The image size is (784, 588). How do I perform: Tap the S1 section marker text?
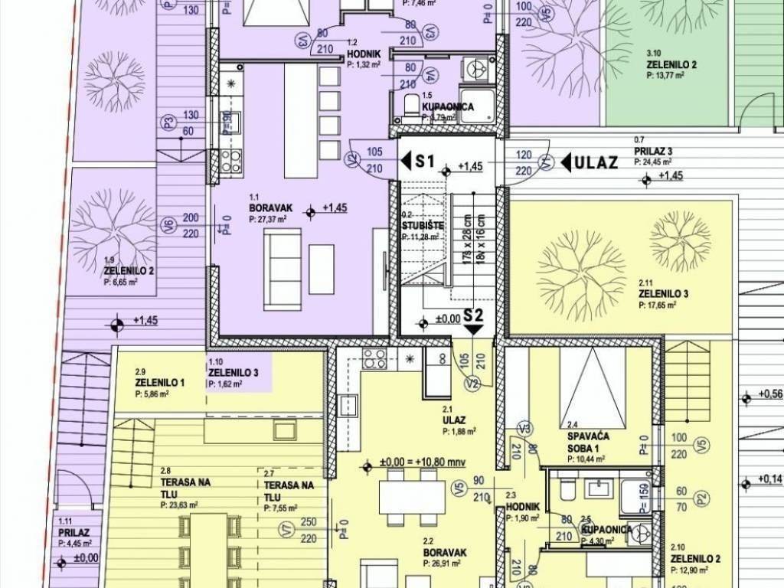click(x=424, y=162)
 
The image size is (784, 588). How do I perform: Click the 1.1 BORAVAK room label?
click(x=266, y=207)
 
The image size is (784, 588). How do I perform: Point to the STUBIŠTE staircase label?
click(x=420, y=226)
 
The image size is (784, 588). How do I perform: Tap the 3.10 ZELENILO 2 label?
click(x=671, y=64)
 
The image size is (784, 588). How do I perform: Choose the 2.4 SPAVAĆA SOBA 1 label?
click(x=586, y=433)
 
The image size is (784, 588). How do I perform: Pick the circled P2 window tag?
click(x=698, y=498)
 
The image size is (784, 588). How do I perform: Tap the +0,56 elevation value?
click(x=770, y=395)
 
